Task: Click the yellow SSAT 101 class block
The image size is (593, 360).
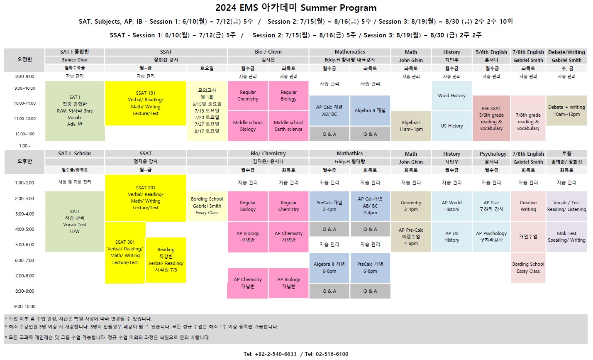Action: (x=145, y=103)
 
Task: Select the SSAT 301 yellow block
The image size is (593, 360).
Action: (x=125, y=252)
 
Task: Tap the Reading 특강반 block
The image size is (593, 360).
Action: (x=166, y=260)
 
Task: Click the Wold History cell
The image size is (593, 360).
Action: (x=451, y=96)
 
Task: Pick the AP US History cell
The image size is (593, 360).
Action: (x=451, y=237)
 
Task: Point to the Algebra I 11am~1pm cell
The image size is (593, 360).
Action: (x=411, y=126)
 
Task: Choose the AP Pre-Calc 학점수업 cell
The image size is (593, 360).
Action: (x=411, y=237)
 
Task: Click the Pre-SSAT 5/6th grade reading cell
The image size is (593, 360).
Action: (x=491, y=118)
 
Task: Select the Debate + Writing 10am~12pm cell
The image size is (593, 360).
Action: (x=566, y=110)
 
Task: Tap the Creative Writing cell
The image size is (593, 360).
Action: (x=528, y=206)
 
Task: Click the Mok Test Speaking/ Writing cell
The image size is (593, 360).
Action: (x=566, y=237)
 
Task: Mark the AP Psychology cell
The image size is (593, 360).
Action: (x=491, y=237)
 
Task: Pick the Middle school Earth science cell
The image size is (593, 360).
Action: (x=288, y=126)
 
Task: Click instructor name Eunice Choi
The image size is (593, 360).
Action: (x=75, y=60)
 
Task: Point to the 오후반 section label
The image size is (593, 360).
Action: (x=24, y=161)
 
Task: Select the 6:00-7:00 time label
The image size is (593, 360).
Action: (x=24, y=260)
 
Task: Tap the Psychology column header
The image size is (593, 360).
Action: (x=493, y=154)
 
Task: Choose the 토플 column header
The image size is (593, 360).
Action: (x=566, y=154)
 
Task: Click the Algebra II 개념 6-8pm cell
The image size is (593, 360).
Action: (x=329, y=268)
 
